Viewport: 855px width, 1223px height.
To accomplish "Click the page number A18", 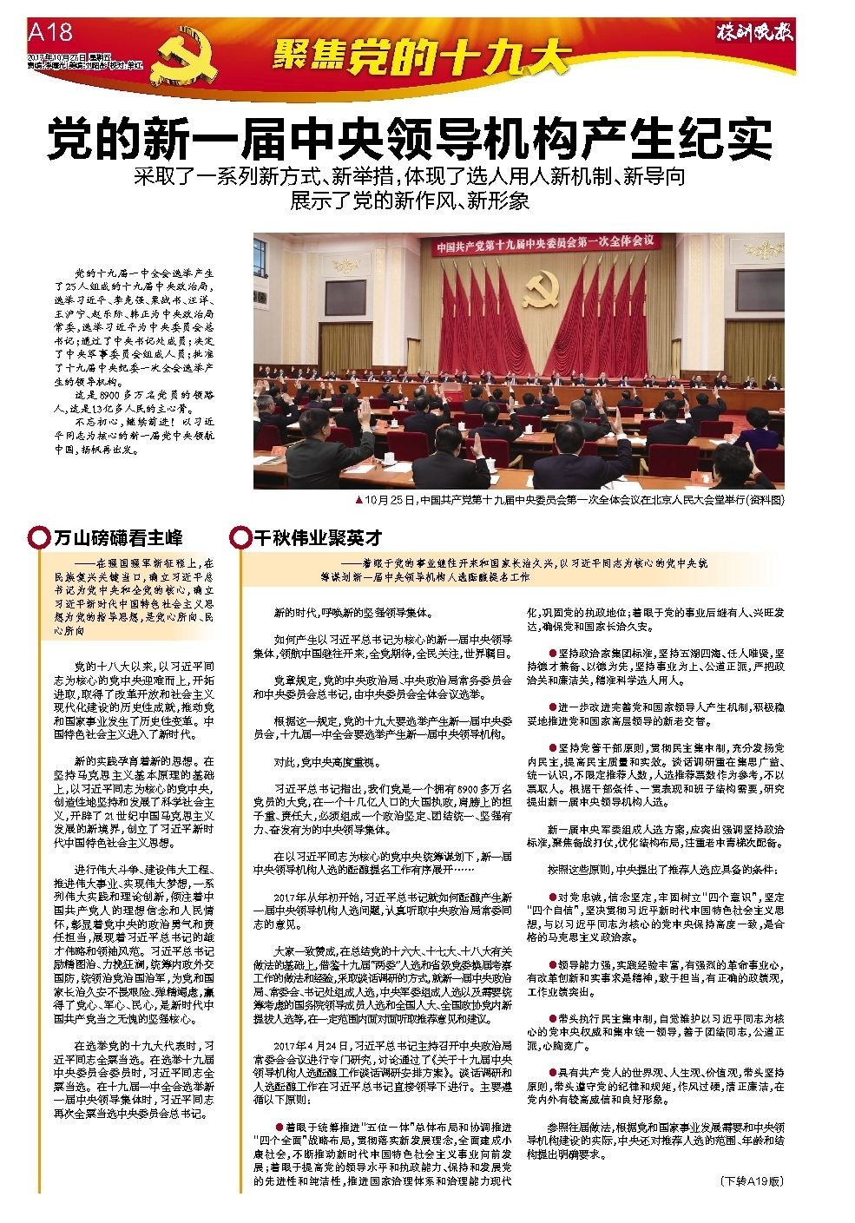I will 49,32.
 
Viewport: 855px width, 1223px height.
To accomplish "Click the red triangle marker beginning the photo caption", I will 358,501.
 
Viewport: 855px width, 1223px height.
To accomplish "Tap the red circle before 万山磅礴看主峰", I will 38,537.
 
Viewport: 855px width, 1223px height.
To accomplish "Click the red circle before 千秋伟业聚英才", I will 239,537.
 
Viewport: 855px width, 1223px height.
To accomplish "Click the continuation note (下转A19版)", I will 752,1181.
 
